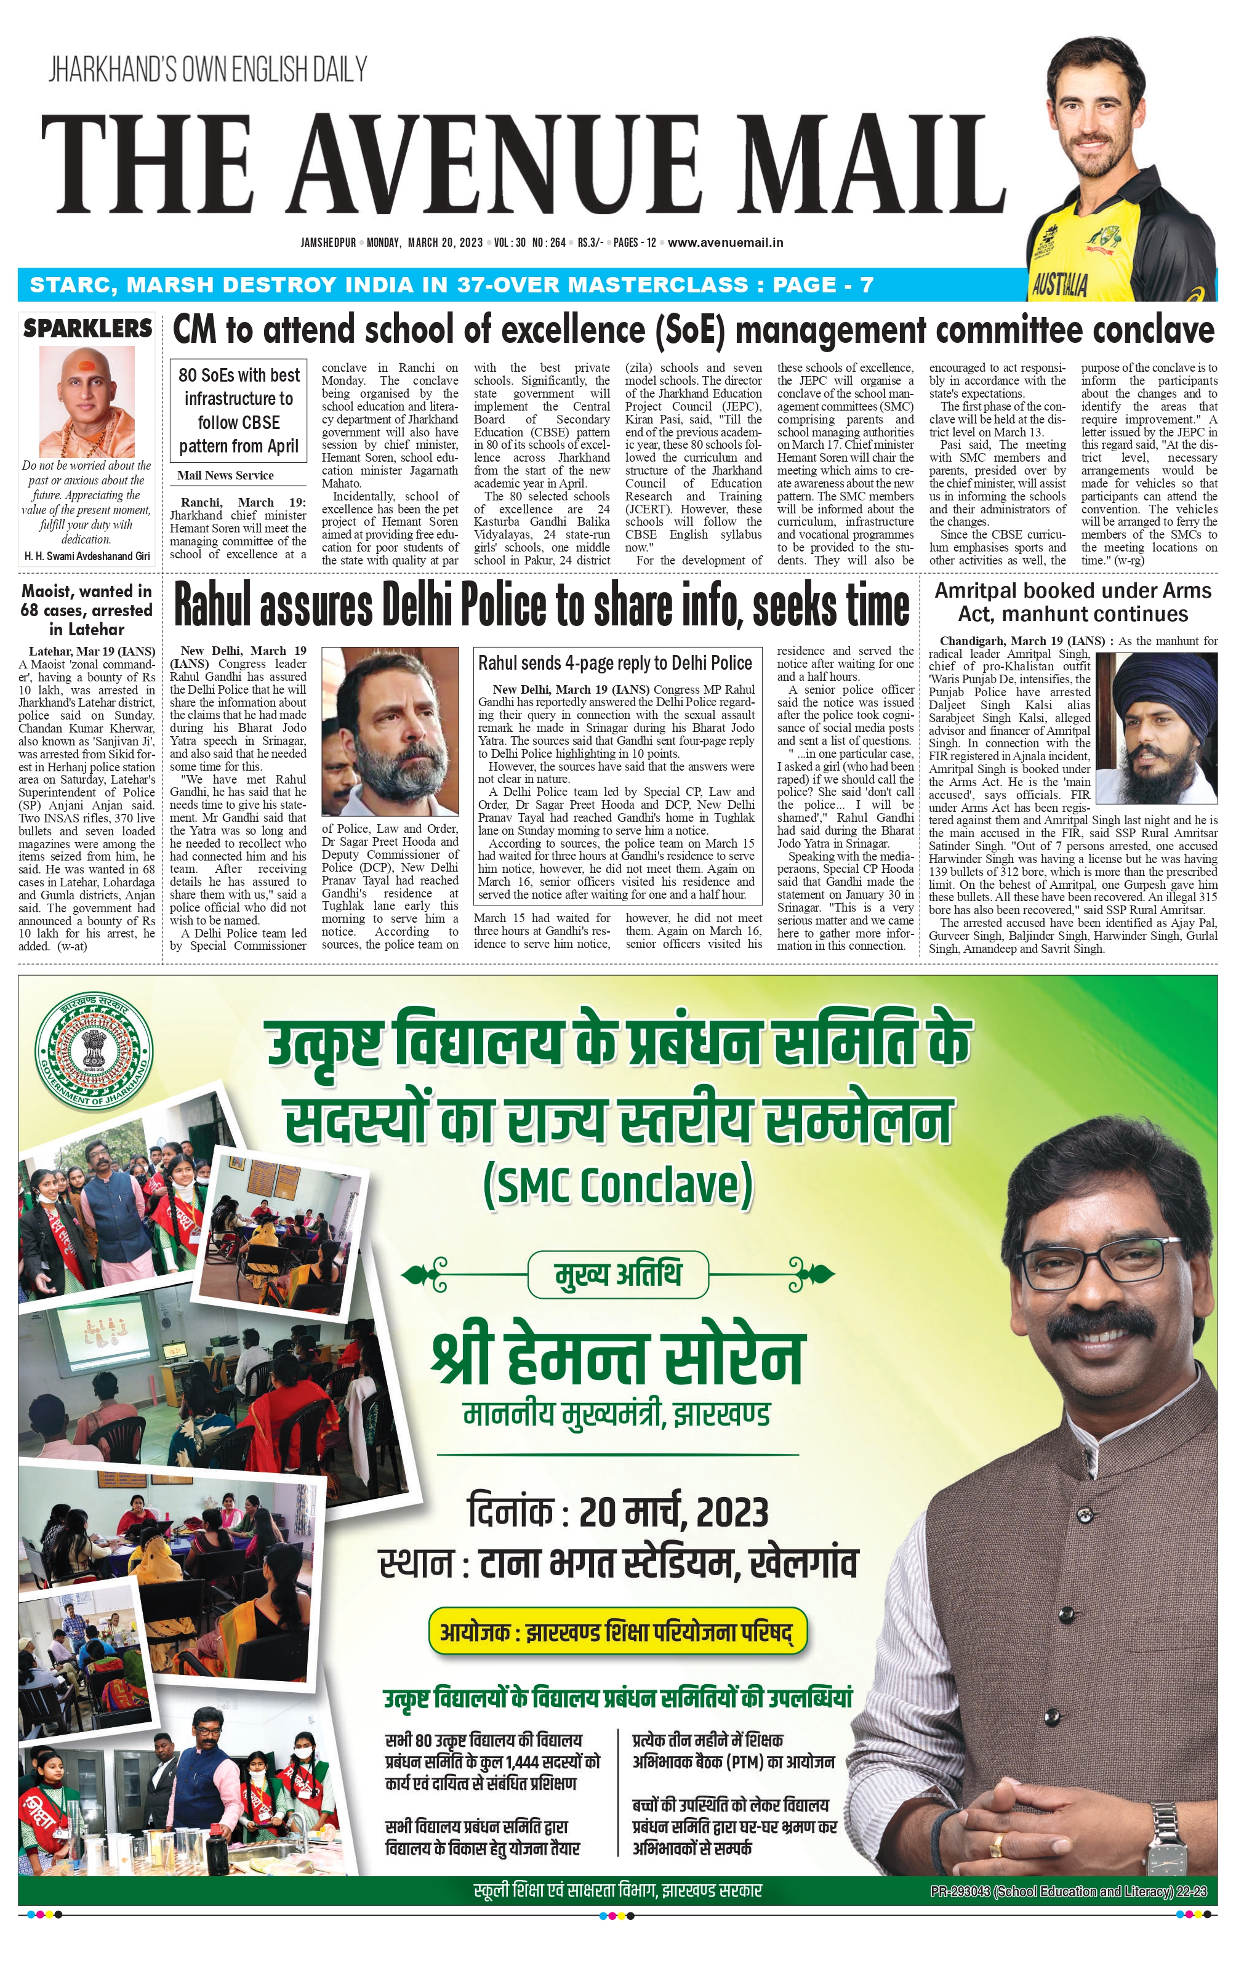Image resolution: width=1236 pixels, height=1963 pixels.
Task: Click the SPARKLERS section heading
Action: [x=87, y=329]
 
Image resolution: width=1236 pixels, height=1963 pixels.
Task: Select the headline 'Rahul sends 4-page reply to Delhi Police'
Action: [x=615, y=663]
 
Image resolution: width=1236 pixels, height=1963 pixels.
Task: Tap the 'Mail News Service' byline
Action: [x=226, y=475]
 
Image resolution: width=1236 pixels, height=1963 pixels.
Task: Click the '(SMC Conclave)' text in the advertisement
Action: [x=618, y=1186]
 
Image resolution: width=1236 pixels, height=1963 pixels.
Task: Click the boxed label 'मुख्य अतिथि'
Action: [x=617, y=1275]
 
